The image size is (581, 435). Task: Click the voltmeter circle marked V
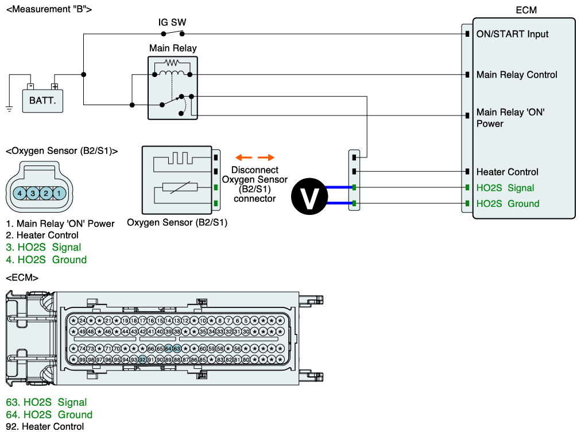click(309, 195)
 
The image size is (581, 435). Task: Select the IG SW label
click(172, 22)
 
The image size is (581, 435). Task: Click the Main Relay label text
click(172, 48)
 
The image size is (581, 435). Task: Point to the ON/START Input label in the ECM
click(512, 34)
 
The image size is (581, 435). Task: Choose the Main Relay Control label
click(517, 75)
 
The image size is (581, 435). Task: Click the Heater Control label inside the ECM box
click(507, 172)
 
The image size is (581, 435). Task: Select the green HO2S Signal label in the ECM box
click(505, 188)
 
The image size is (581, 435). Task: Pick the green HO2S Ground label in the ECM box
click(508, 203)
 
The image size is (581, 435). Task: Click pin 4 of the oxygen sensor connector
click(20, 193)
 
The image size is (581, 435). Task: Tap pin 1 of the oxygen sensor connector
click(59, 193)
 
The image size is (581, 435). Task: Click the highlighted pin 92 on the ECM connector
click(142, 360)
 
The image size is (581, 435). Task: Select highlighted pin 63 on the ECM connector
click(177, 349)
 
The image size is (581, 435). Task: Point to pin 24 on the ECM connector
click(82, 320)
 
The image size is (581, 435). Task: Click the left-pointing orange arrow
click(244, 157)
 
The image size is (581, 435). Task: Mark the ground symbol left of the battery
click(9, 107)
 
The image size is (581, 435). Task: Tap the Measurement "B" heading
click(48, 9)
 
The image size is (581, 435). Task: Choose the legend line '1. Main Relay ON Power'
click(60, 224)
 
